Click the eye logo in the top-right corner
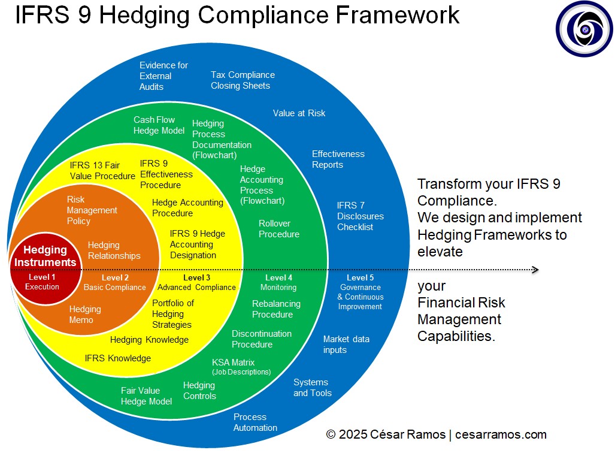[583, 29]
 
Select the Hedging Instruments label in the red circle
[46, 256]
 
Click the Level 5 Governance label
[360, 292]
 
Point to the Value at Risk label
[299, 113]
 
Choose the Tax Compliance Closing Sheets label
[243, 80]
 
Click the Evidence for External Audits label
[163, 76]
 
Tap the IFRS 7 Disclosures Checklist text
[360, 216]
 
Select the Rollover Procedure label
[279, 229]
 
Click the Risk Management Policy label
[92, 210]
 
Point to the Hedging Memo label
[85, 315]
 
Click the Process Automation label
[255, 422]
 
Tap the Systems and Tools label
[312, 388]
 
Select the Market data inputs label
[346, 345]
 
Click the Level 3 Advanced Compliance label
[196, 282]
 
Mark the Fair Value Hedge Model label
[146, 396]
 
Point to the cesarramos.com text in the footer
[501, 434]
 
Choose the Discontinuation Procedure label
[262, 339]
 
